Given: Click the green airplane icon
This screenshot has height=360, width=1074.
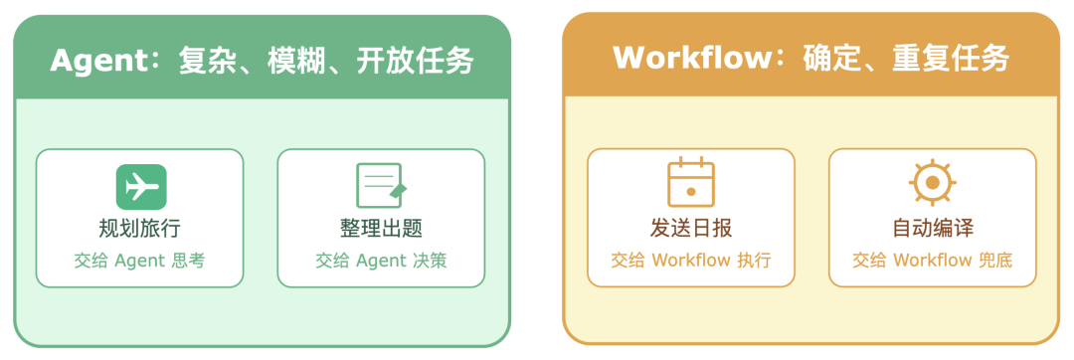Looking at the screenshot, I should point(140,187).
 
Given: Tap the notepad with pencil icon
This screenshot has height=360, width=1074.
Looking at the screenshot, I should point(381,186).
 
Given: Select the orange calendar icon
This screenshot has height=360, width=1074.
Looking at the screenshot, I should point(691,183).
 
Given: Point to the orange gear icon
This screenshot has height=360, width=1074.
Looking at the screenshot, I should point(932,183).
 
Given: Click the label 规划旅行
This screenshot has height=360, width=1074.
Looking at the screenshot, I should point(140,228).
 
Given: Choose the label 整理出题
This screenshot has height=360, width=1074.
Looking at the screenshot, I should point(381,228).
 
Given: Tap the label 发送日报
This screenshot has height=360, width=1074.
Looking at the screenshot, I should point(691,228).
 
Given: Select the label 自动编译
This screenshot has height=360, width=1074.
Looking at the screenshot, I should point(932,228).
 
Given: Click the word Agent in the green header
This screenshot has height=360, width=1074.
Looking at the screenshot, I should point(98,62).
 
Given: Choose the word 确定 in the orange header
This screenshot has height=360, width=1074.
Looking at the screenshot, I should point(833,58).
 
